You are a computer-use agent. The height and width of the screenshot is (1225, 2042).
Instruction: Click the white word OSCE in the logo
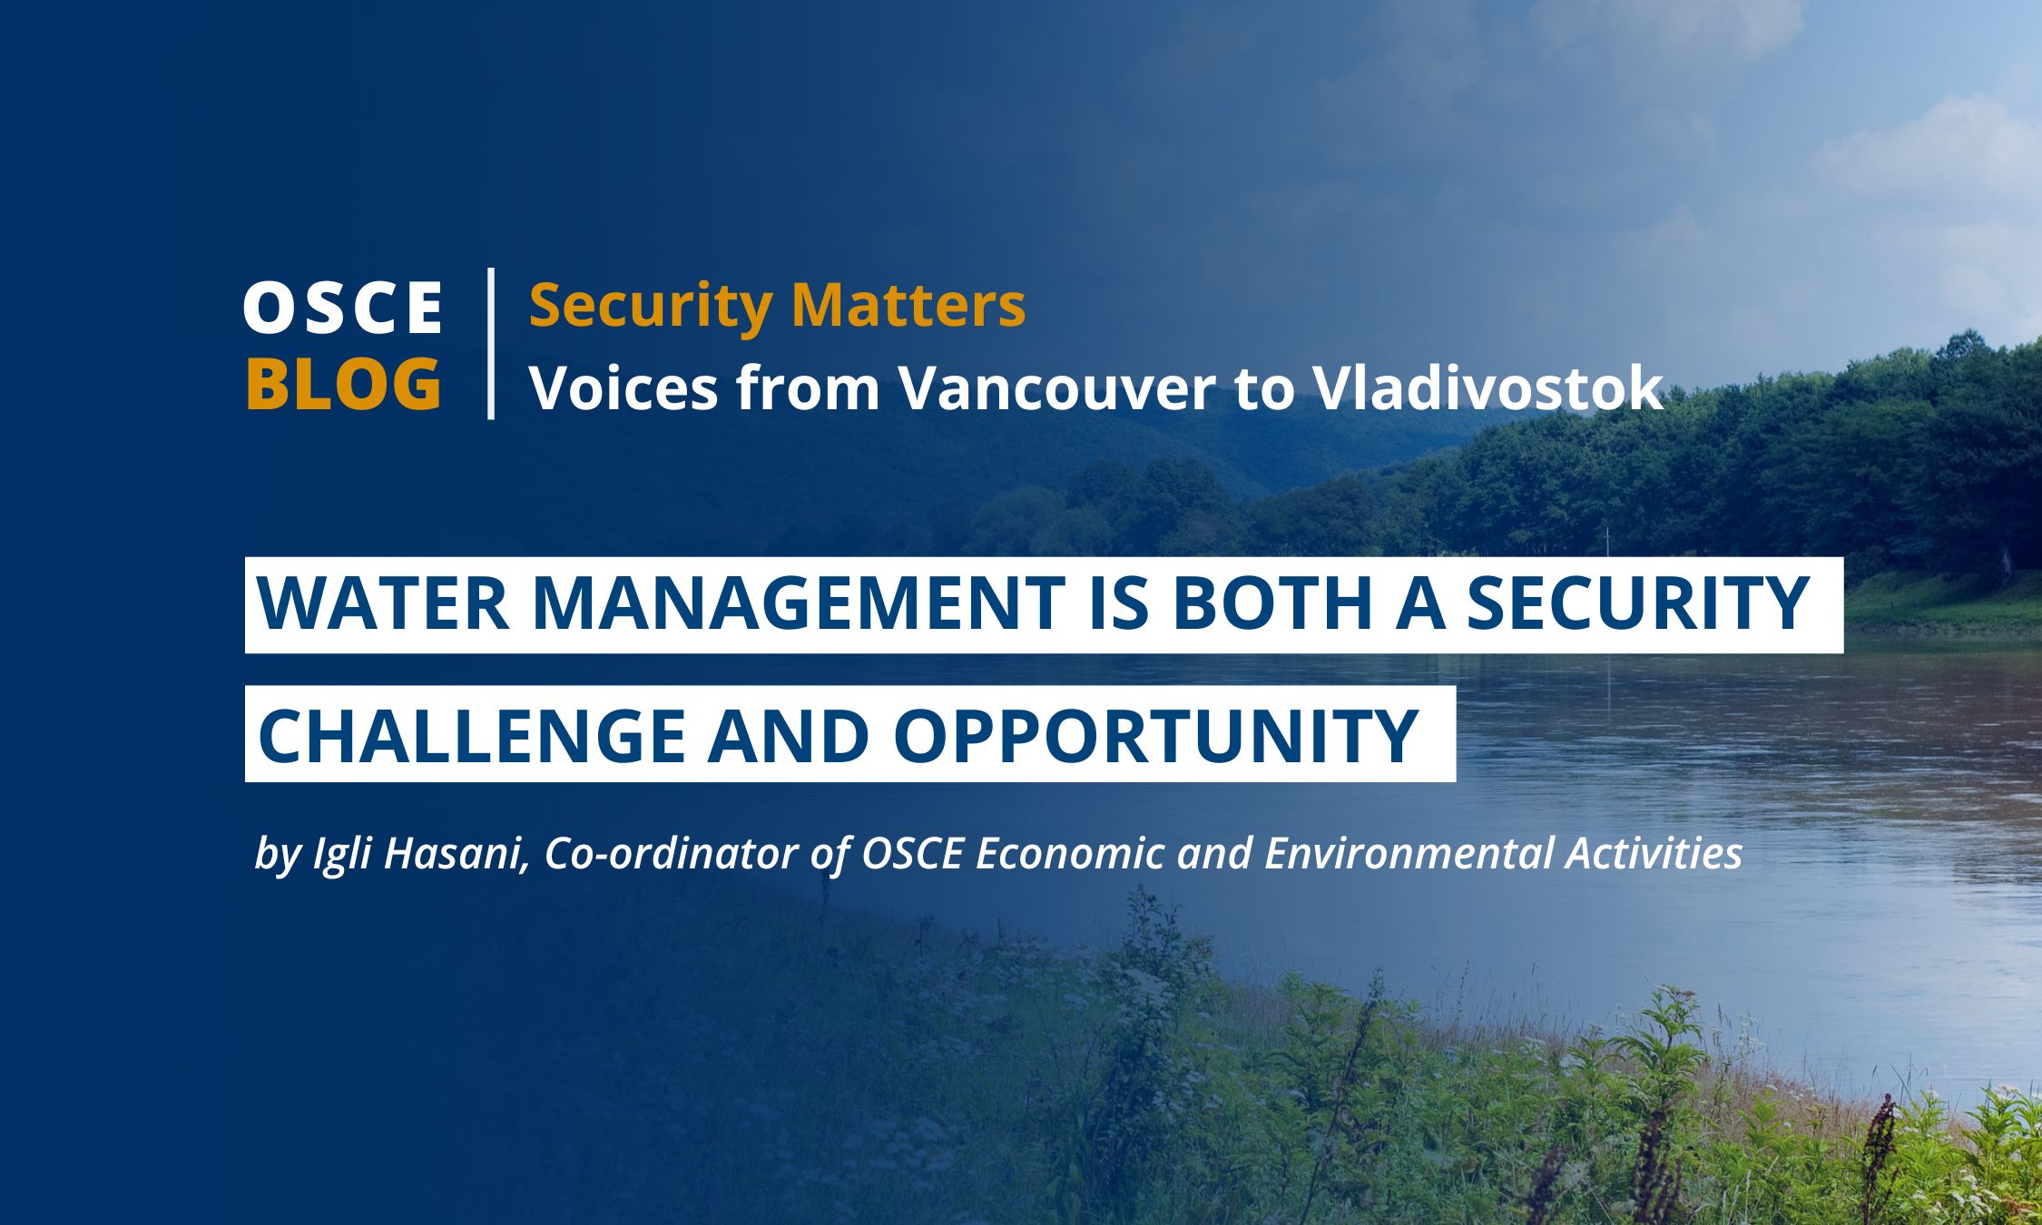coord(343,307)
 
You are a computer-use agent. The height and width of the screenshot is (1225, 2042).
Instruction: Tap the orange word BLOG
coord(344,384)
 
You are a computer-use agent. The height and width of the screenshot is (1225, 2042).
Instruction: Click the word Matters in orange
coord(908,305)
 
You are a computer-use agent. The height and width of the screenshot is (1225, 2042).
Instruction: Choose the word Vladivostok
coord(1488,387)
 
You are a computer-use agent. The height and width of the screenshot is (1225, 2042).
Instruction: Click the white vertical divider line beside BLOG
coord(491,343)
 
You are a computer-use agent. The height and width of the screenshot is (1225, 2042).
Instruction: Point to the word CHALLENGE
coord(471,735)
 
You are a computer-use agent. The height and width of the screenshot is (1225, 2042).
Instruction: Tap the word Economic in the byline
coord(1069,854)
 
